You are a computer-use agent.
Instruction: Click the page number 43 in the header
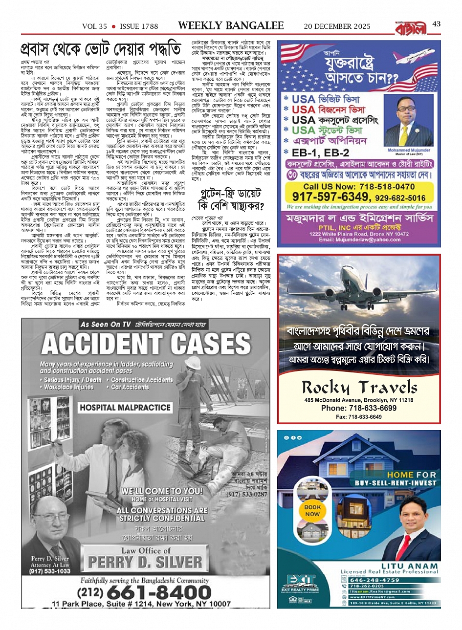point(436,24)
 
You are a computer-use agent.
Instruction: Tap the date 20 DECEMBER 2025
point(337,26)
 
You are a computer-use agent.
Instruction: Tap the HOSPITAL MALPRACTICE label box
point(125,407)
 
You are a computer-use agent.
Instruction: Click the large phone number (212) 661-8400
point(152,593)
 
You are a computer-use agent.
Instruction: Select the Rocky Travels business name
point(359,388)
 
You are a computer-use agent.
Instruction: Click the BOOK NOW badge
point(312,510)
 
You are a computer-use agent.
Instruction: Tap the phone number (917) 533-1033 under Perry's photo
point(49,571)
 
